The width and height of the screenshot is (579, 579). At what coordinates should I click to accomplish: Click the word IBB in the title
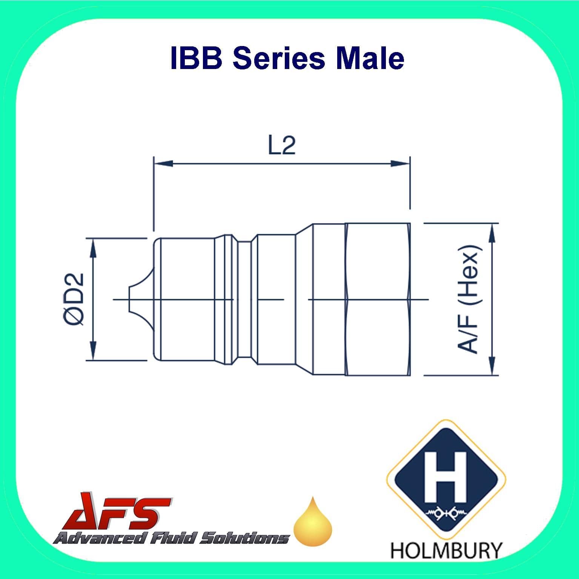197,58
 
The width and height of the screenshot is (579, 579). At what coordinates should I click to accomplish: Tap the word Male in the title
370,58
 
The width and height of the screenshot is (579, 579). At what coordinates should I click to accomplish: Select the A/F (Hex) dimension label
468,299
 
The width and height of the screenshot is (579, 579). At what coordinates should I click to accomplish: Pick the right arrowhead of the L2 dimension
400,164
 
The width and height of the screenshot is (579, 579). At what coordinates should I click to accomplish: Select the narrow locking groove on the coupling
244,299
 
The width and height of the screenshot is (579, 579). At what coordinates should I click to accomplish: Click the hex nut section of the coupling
377,299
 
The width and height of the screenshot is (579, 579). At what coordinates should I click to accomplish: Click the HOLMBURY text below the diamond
446,550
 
